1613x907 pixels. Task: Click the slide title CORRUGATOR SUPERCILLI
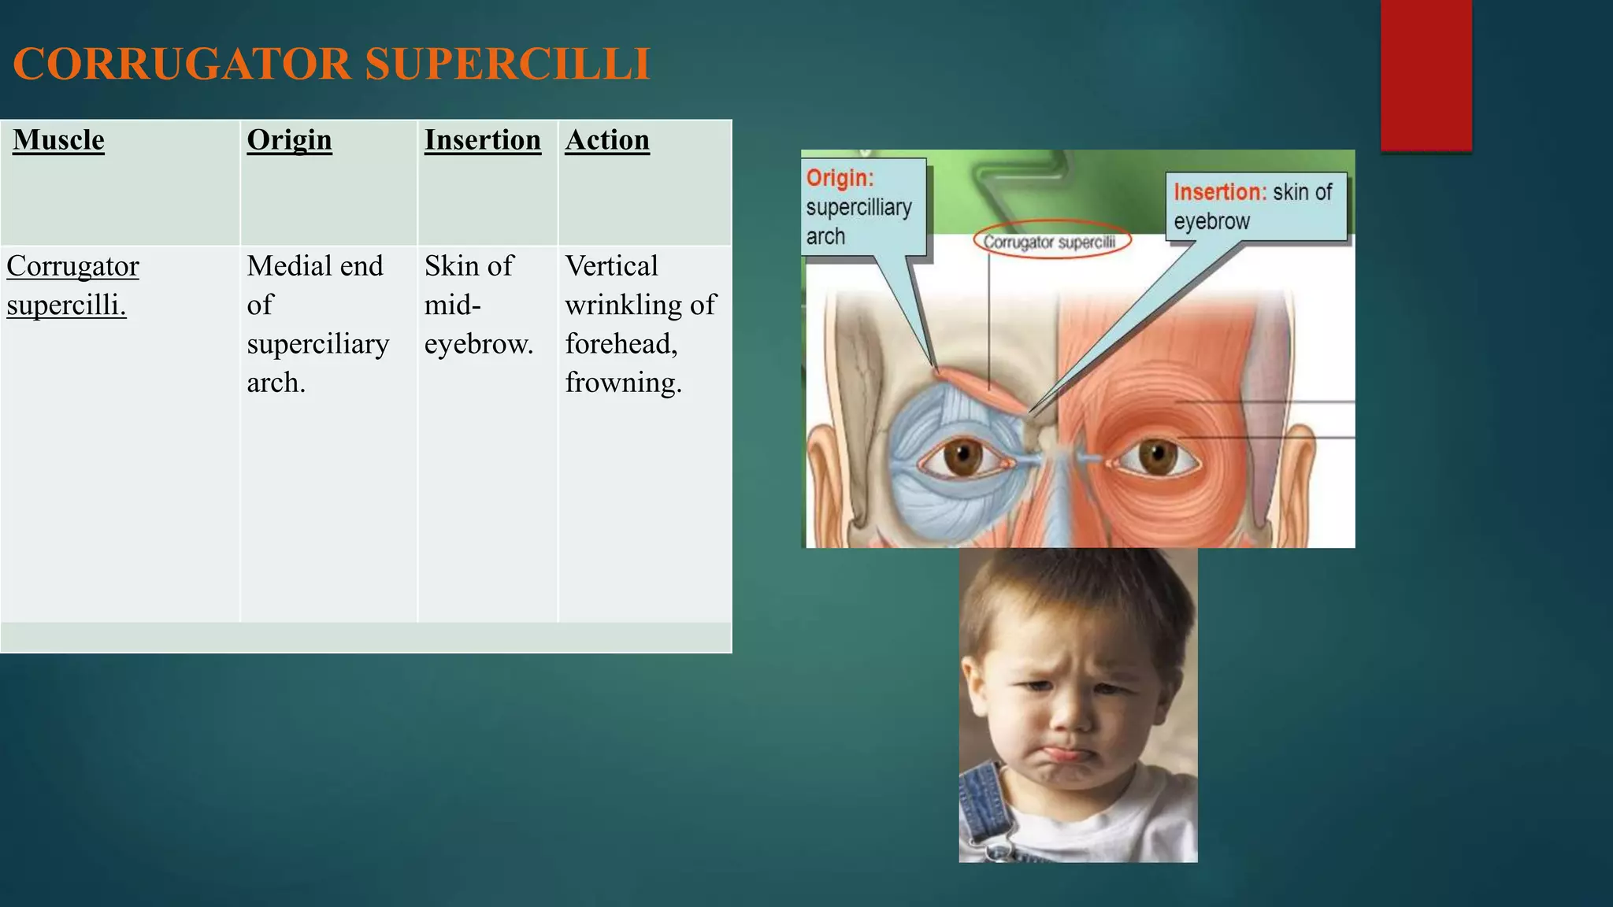(x=332, y=64)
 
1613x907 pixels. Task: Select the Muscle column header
(x=58, y=140)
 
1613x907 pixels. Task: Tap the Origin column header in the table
(x=289, y=140)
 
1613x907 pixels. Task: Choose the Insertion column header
(x=482, y=140)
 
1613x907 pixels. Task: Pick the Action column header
(x=606, y=140)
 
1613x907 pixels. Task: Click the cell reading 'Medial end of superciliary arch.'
(x=317, y=324)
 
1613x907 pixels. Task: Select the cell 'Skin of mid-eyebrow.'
(x=478, y=305)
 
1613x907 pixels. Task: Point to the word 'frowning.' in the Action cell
(x=623, y=383)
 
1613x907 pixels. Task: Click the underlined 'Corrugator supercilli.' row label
(x=72, y=285)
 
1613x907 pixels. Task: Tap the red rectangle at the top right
(x=1426, y=75)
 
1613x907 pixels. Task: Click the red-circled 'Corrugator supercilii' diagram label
(x=1051, y=242)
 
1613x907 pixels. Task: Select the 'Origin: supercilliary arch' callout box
(x=862, y=206)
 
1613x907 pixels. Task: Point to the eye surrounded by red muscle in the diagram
(x=1155, y=456)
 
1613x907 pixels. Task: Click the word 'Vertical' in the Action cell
(x=611, y=266)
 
